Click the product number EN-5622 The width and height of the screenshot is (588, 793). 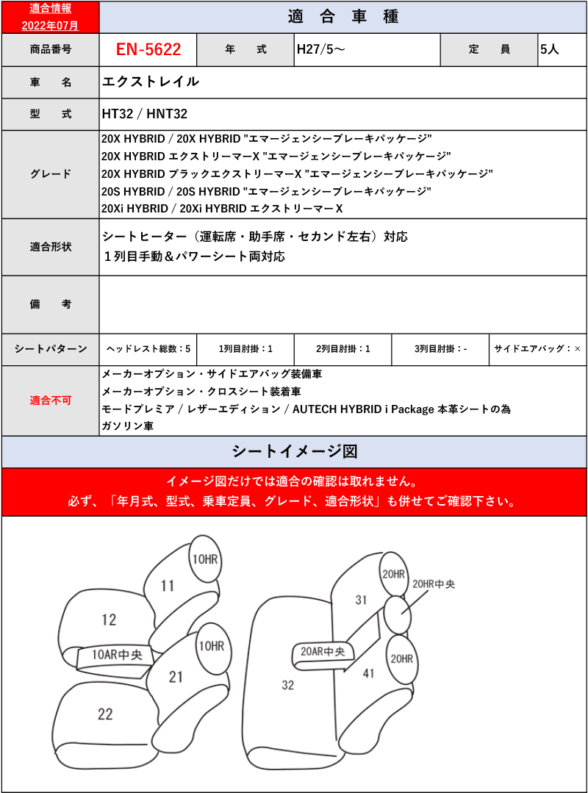coord(148,50)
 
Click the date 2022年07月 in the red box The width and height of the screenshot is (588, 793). coord(50,25)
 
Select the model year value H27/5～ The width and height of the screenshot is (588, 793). coord(320,50)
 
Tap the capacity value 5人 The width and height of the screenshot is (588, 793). coord(550,50)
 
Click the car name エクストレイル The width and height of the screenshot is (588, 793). coord(151,82)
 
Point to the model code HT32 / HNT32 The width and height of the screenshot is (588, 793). coord(145,114)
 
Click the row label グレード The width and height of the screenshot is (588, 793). coord(51,174)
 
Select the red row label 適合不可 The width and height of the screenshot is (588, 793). coord(51,401)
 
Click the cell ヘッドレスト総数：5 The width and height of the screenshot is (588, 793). coord(148,349)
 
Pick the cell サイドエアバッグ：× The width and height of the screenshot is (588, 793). coord(537,349)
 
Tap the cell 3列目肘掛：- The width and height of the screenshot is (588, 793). coord(440,349)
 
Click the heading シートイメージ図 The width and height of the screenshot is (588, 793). coord(294,451)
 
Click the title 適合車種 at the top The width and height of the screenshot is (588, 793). coord(343,17)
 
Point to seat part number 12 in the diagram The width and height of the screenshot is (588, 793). coord(109,620)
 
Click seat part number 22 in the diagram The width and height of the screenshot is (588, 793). coord(105,713)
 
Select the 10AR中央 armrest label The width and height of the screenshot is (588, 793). coord(117,655)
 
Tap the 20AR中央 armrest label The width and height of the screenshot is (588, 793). coord(323,651)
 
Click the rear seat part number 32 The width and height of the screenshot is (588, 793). coord(287,685)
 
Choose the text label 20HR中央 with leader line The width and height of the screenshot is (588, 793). coord(434,584)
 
